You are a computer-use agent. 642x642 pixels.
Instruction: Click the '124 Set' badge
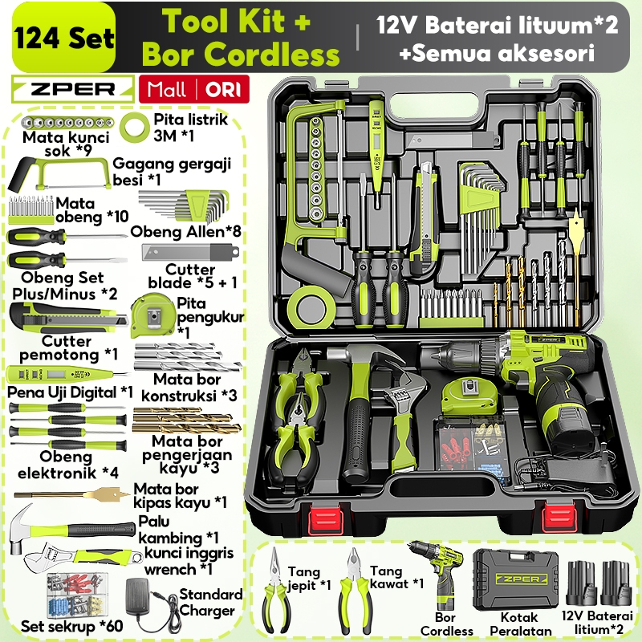click(x=62, y=38)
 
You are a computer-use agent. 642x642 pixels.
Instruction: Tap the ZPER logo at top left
click(x=72, y=88)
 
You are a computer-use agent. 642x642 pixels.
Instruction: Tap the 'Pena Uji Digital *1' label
click(x=71, y=392)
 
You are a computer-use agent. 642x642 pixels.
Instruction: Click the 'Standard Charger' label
click(x=210, y=603)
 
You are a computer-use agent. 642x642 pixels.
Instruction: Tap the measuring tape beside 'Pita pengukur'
click(x=152, y=311)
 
